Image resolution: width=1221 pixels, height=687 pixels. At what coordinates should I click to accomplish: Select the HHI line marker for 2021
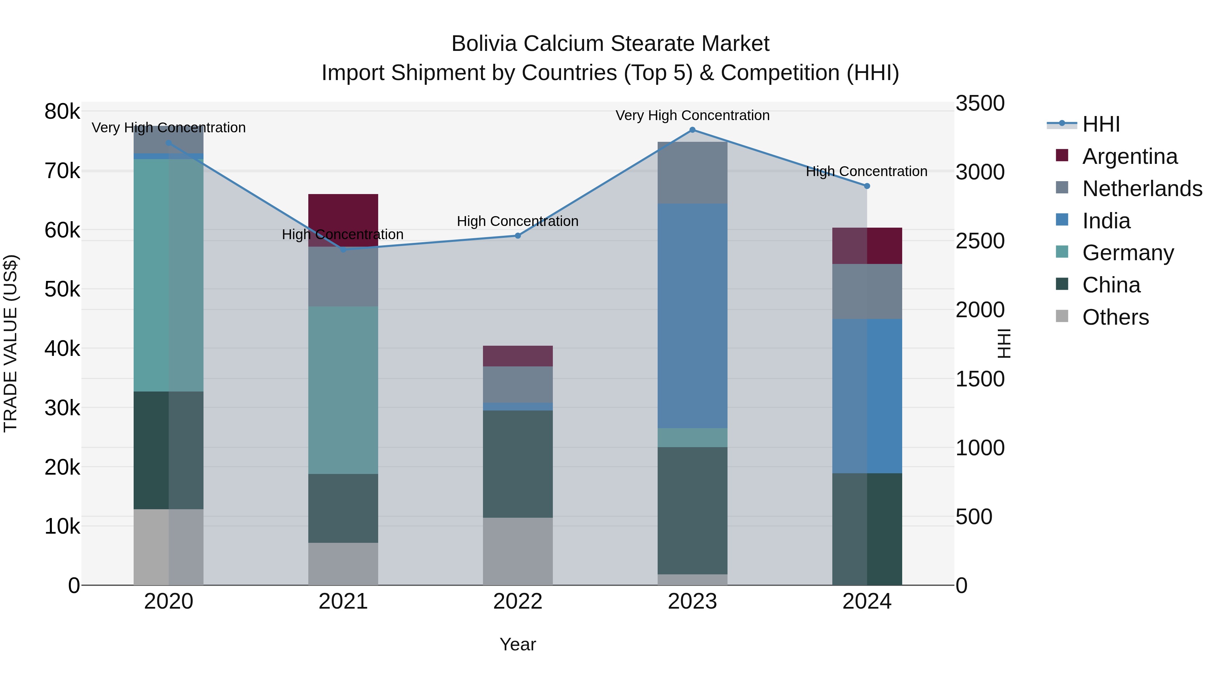click(x=344, y=249)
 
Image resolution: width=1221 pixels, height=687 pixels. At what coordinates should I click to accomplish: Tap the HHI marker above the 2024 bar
click(x=867, y=186)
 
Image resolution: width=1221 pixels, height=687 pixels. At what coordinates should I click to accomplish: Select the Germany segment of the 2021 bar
click(x=343, y=390)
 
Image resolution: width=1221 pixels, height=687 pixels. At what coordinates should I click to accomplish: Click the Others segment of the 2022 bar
click(x=518, y=551)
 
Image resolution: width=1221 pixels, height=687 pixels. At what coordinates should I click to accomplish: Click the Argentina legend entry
click(x=1129, y=156)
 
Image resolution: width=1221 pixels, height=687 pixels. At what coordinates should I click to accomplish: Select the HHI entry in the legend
click(x=1101, y=124)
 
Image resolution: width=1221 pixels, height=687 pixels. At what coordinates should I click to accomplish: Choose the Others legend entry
click(x=1115, y=317)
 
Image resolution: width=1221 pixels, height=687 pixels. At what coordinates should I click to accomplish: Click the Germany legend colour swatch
click(x=1062, y=252)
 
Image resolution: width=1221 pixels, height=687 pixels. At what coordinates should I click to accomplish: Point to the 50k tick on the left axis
click(x=62, y=289)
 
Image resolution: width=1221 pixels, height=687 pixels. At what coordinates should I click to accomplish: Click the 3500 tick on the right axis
click(x=979, y=103)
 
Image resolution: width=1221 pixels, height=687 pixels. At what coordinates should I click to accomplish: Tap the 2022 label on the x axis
click(x=518, y=602)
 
